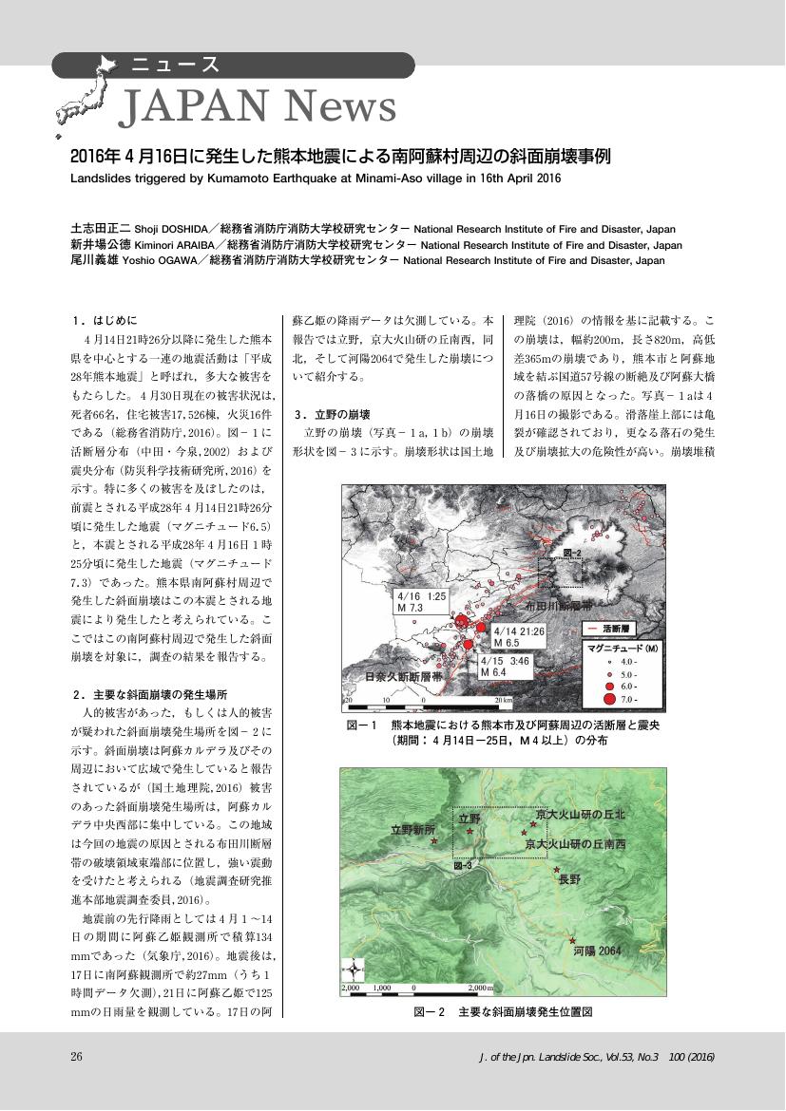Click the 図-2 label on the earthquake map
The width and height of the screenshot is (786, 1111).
(x=571, y=552)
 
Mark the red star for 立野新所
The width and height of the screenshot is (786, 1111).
(x=434, y=841)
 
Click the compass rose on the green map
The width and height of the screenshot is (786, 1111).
(x=355, y=970)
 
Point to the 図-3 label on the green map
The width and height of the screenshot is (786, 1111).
(x=463, y=867)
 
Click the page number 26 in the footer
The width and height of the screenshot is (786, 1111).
(x=78, y=1057)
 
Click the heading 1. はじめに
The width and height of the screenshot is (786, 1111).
(x=105, y=320)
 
